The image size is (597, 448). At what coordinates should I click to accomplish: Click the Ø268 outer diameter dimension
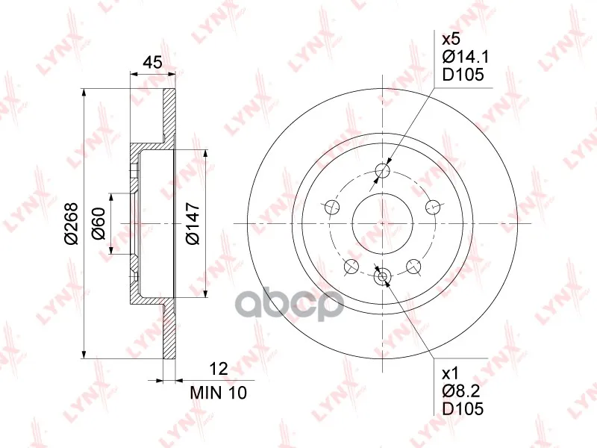click(x=71, y=223)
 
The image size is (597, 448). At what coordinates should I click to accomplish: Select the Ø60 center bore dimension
click(x=99, y=223)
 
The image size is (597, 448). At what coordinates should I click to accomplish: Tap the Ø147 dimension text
click(x=193, y=223)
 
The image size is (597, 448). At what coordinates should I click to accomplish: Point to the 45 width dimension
click(x=153, y=62)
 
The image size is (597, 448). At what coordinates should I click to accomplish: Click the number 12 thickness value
click(x=219, y=368)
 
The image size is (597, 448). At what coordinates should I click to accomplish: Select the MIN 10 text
click(x=219, y=393)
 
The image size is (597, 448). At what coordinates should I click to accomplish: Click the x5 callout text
click(x=451, y=39)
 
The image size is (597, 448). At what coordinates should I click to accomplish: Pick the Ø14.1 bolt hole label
click(x=465, y=57)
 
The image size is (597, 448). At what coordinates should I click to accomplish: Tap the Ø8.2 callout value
click(x=461, y=391)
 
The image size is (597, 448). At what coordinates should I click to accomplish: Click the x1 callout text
click(x=451, y=374)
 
